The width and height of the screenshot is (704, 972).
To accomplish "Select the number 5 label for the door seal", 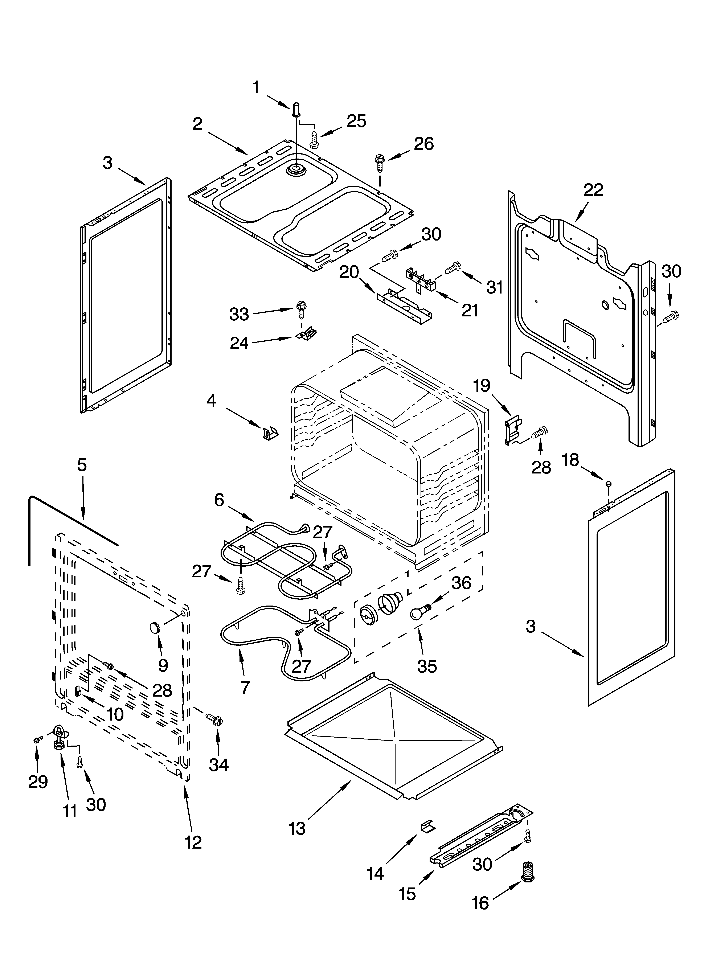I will click(82, 465).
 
